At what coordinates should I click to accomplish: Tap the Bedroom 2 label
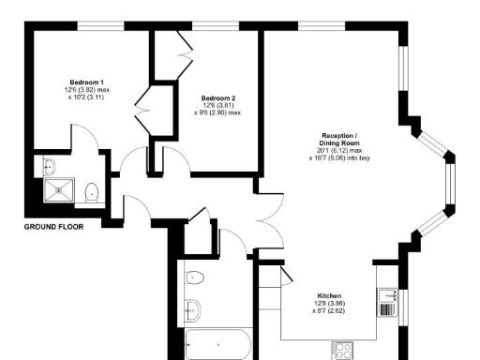pyautogui.click(x=217, y=97)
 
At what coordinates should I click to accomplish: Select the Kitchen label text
pyautogui.click(x=329, y=294)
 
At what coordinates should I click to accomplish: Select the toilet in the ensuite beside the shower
pyautogui.click(x=92, y=193)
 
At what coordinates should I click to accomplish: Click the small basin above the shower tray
pyautogui.click(x=50, y=167)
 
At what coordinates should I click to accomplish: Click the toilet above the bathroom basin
pyautogui.click(x=194, y=277)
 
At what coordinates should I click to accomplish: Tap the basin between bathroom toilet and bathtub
pyautogui.click(x=193, y=310)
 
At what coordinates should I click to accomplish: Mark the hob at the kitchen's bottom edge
pyautogui.click(x=342, y=351)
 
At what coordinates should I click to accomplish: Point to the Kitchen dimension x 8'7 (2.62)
pyautogui.click(x=329, y=311)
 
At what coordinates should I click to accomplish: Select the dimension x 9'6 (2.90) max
pyautogui.click(x=217, y=113)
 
